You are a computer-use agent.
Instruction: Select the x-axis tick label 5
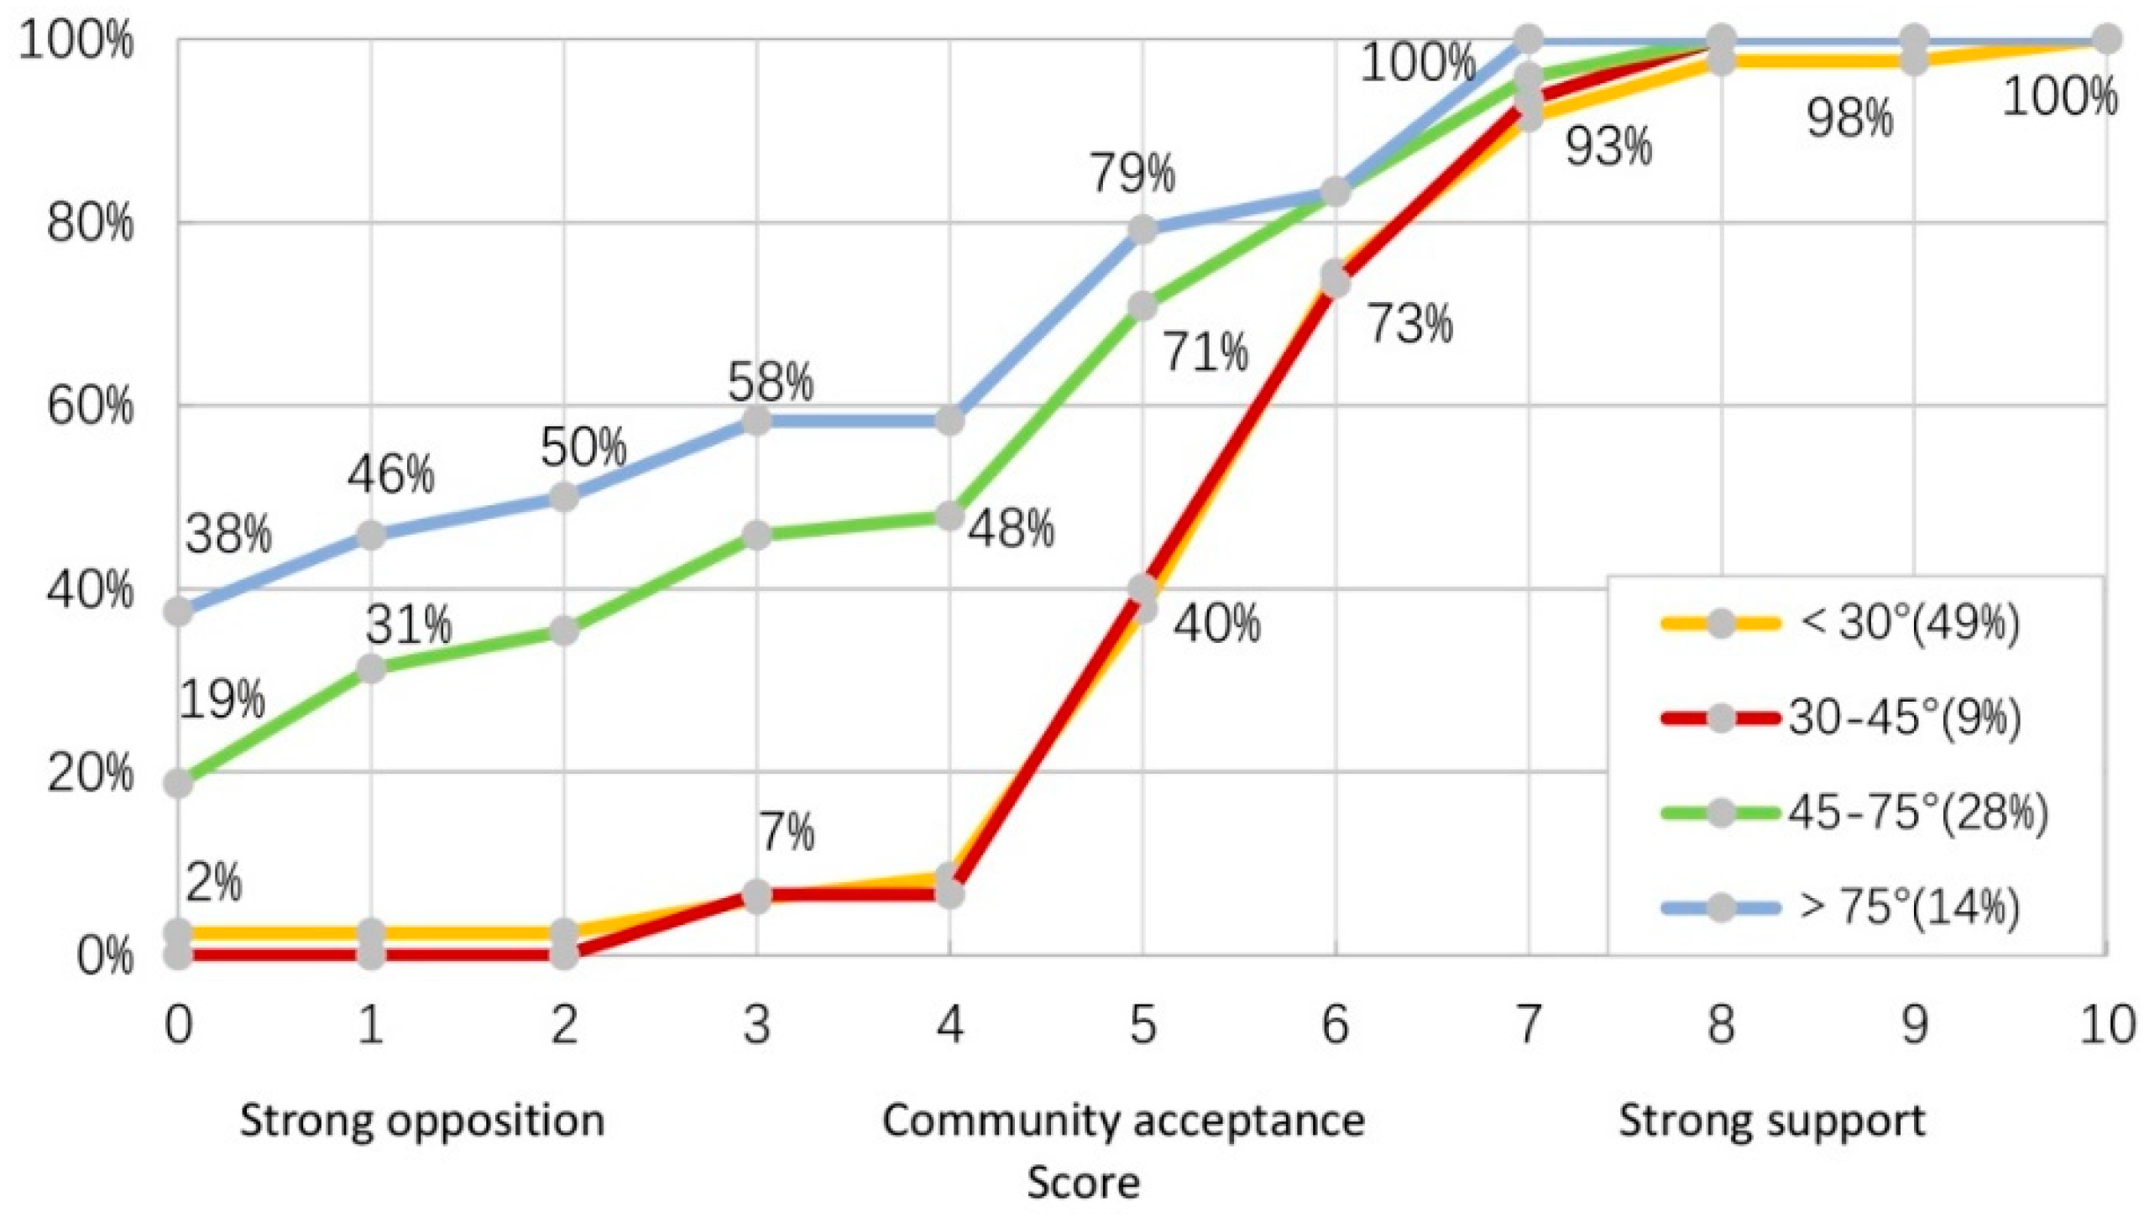point(1142,1025)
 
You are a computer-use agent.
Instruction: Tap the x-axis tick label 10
point(2105,1025)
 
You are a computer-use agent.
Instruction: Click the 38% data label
point(228,534)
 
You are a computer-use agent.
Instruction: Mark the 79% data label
point(1132,175)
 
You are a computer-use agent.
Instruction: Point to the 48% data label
point(1011,530)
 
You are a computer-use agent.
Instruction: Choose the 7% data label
point(787,832)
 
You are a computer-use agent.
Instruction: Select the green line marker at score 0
point(178,784)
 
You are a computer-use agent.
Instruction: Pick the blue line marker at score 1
point(371,535)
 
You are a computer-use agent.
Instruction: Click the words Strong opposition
point(422,1120)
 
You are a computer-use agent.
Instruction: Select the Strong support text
point(1771,1120)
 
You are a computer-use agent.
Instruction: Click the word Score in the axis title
point(1083,1183)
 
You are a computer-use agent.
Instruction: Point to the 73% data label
point(1410,324)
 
